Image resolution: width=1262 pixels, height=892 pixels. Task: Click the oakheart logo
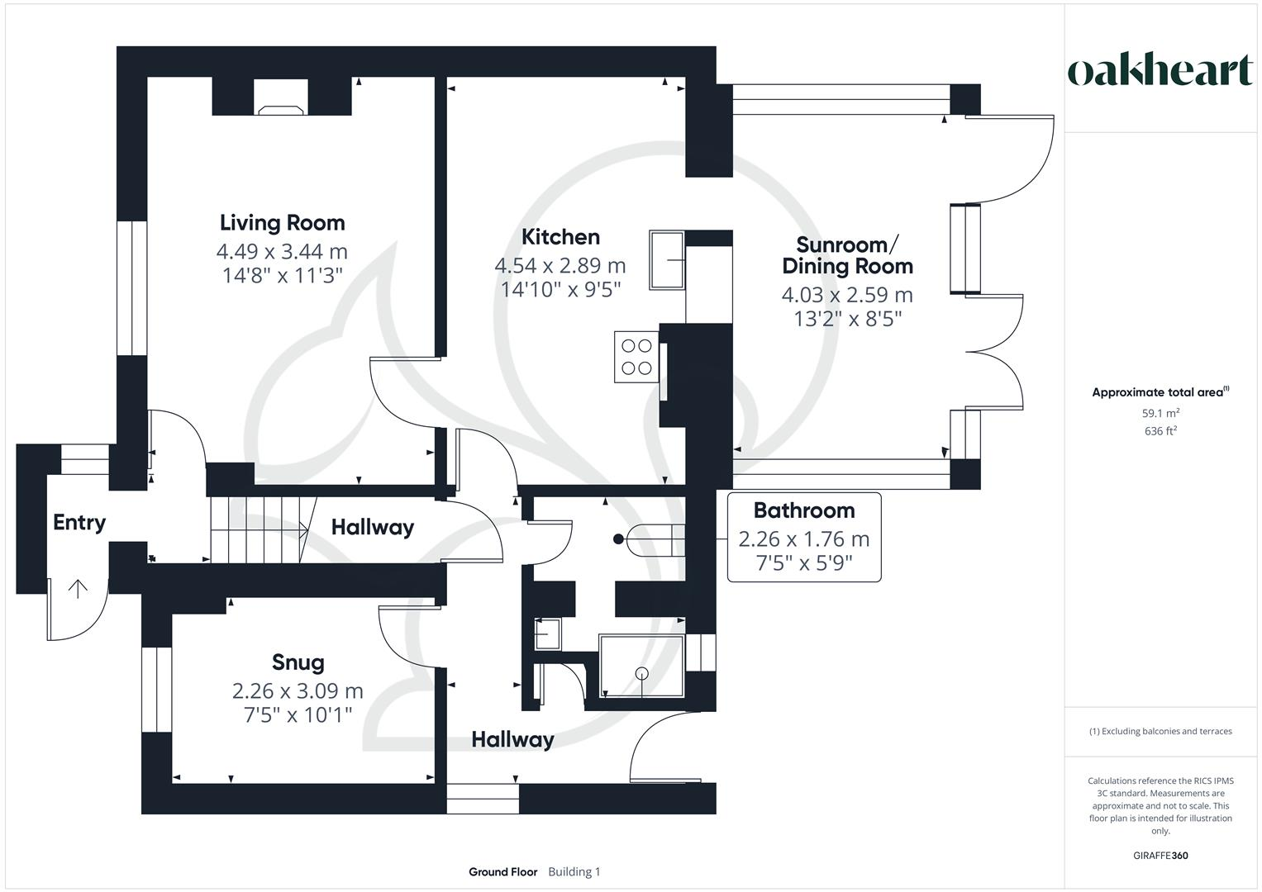tap(1160, 71)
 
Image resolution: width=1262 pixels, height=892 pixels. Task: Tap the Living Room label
tap(282, 222)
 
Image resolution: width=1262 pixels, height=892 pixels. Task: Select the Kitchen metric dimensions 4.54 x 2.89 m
tap(560, 265)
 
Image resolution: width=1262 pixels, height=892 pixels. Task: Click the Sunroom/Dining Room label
tap(847, 255)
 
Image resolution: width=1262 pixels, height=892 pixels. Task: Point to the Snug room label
tap(298, 662)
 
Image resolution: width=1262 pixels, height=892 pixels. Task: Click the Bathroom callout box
tap(803, 537)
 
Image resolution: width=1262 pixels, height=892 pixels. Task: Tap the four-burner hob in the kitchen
tap(636, 357)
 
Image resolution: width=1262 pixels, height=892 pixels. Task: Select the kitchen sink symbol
tap(667, 260)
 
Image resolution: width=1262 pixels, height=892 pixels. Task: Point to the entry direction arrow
tap(78, 589)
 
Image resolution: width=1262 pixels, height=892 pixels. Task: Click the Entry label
tap(79, 522)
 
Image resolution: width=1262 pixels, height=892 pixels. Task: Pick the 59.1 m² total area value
tap(1160, 413)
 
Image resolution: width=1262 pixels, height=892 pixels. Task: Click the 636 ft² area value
tap(1160, 431)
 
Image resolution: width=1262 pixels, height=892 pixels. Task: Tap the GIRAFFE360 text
tap(1160, 856)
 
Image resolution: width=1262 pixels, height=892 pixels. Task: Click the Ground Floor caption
tap(502, 871)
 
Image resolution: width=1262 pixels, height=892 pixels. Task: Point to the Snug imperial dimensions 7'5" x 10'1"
tap(298, 714)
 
